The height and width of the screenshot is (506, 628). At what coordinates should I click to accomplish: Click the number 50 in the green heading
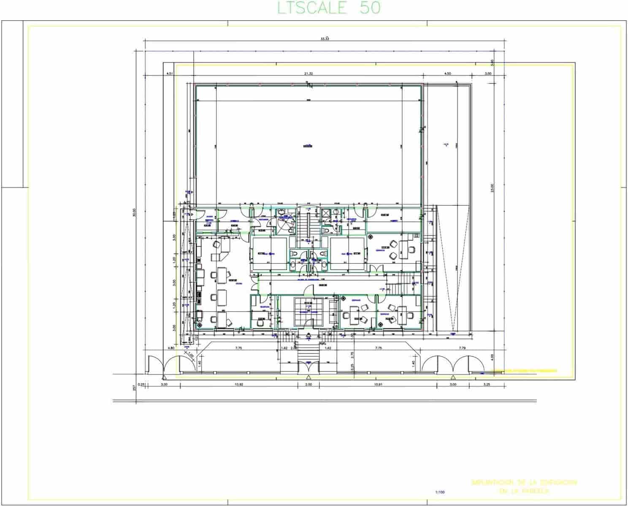click(x=370, y=8)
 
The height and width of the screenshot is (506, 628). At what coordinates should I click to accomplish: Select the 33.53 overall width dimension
click(x=325, y=38)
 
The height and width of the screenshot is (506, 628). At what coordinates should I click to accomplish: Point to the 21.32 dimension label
click(x=309, y=73)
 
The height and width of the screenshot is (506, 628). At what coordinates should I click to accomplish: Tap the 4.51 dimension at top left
click(x=170, y=73)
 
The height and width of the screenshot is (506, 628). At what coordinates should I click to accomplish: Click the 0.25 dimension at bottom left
click(x=142, y=385)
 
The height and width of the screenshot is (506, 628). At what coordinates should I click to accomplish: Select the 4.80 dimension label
click(x=171, y=348)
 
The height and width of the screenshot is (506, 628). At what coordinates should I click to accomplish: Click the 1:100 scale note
click(x=440, y=492)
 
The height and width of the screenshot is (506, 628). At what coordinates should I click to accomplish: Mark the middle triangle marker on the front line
click(x=309, y=377)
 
